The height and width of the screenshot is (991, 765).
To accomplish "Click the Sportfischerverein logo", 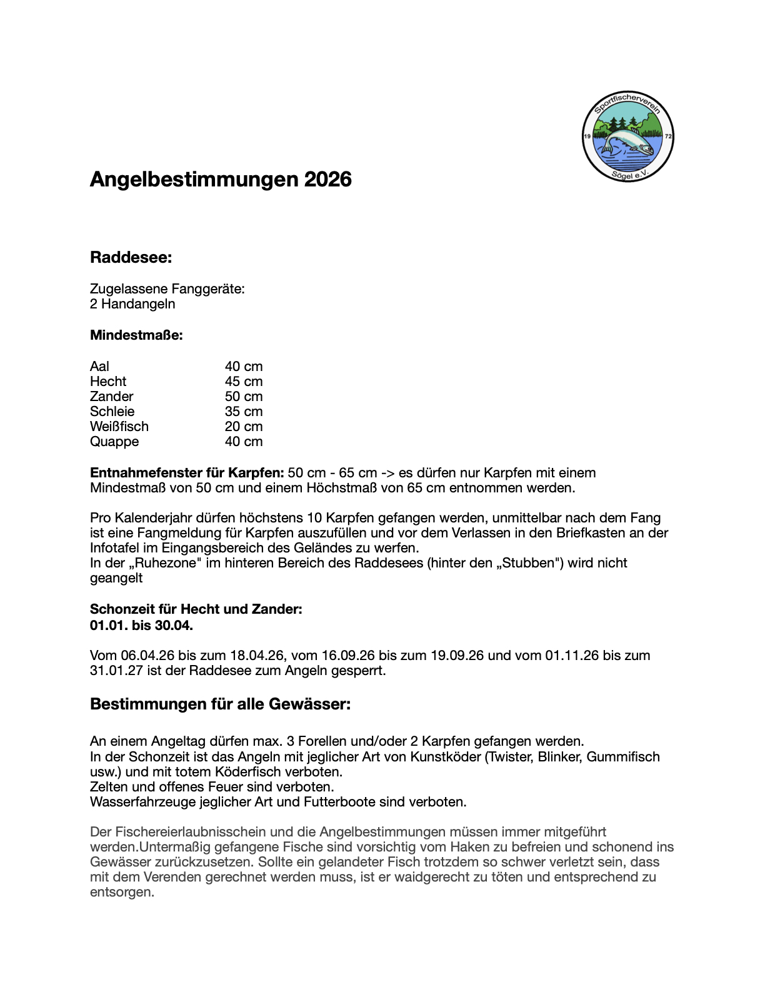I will (x=627, y=136).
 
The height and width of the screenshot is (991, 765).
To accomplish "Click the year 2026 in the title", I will (x=327, y=180).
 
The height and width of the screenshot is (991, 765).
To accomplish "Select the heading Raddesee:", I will (x=131, y=258).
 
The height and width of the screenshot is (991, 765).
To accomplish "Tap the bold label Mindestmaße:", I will (x=136, y=335).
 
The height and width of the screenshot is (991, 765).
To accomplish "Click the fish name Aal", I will (x=99, y=367).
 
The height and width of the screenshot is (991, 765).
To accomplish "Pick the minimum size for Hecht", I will (x=244, y=382).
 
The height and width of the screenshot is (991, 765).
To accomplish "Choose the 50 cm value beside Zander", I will (x=244, y=397).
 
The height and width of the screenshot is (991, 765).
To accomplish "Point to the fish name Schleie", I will (x=112, y=412).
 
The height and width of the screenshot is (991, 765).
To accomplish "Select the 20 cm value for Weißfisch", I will (x=244, y=427).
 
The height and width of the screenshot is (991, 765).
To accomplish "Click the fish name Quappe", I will (x=114, y=442).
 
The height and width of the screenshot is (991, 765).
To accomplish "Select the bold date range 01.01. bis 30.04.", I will (x=141, y=625).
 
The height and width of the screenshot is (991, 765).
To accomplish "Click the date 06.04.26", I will (x=147, y=656).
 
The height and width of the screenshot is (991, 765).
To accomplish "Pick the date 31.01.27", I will (x=116, y=671).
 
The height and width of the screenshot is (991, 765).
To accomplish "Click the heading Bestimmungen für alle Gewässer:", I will (x=220, y=704).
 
